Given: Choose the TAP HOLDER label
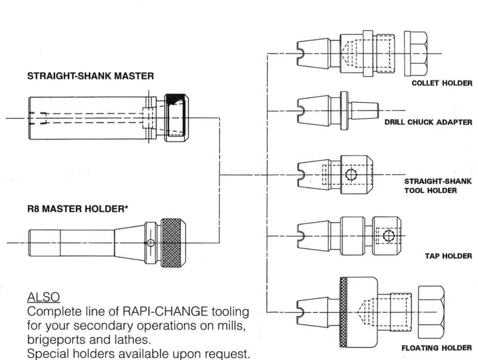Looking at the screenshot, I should [449, 256].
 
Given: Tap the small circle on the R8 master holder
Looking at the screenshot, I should [151, 243].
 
